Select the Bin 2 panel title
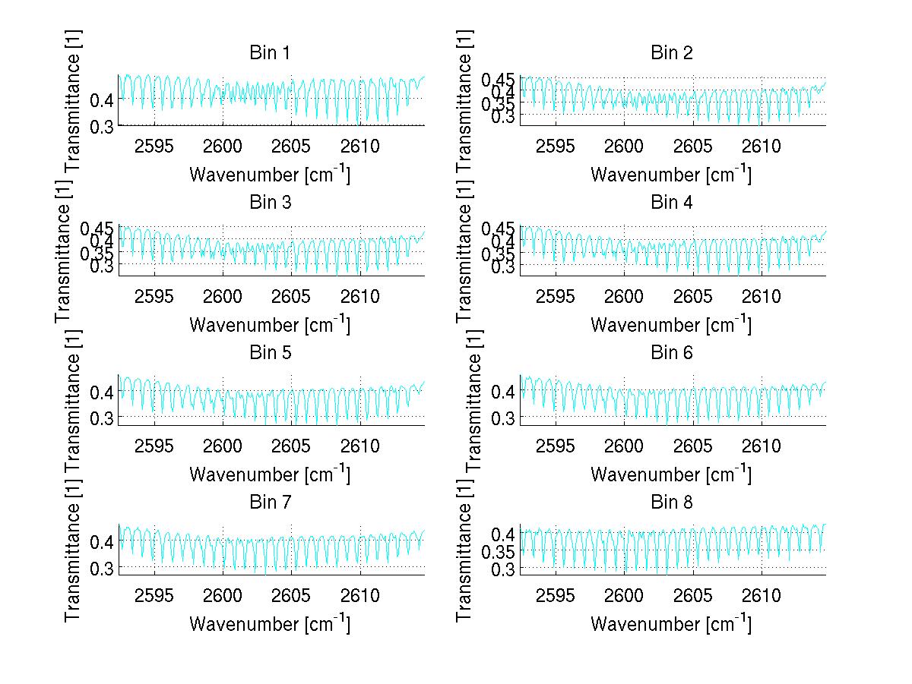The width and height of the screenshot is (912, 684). tap(672, 53)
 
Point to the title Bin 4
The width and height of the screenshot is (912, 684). tap(672, 203)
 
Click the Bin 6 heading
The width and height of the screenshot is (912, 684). tap(672, 352)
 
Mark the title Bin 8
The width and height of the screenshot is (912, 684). tap(672, 502)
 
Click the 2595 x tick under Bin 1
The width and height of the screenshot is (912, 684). tap(154, 147)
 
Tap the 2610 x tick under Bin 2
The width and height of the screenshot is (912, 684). tap(762, 147)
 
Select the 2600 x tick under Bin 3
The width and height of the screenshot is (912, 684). tap(223, 296)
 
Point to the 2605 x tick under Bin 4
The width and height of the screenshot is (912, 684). tap(693, 296)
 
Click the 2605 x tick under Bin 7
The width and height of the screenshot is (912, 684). tap(292, 595)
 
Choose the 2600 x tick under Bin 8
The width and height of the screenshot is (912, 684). tap(624, 595)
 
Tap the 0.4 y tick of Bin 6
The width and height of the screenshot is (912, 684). tap(505, 392)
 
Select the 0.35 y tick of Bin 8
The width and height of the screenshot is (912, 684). tap(499, 551)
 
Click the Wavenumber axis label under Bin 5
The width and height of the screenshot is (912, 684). tap(269, 474)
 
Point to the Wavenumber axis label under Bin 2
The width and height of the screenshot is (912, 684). tap(670, 175)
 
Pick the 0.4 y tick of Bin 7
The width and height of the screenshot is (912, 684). tap(103, 541)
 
